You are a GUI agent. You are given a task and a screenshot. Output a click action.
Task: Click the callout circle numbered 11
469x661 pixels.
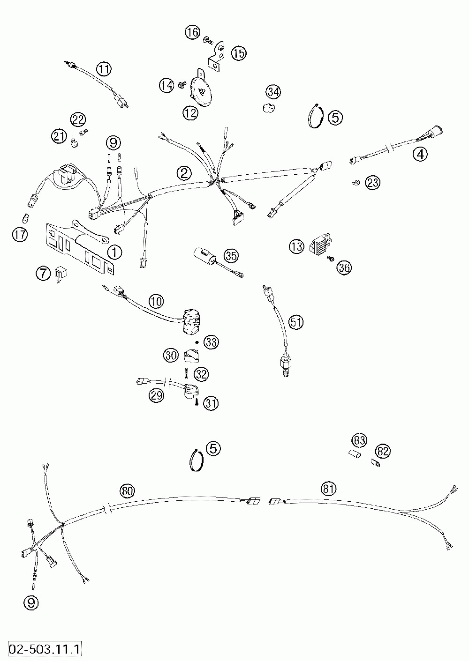click(104, 69)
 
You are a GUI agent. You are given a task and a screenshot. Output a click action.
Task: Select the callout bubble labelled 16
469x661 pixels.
click(192, 33)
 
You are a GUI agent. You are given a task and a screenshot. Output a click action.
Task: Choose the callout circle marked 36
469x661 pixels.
click(344, 267)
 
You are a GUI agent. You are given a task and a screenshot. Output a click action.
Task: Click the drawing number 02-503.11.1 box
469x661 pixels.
click(42, 650)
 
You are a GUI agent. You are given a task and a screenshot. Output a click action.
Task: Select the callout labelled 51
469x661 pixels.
click(296, 322)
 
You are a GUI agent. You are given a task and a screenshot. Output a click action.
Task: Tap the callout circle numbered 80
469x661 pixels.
click(127, 491)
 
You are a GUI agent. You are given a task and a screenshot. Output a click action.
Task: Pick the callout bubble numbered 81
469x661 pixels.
click(329, 489)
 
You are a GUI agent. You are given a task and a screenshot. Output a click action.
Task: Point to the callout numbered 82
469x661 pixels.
click(383, 451)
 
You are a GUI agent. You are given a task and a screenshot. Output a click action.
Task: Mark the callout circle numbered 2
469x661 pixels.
click(184, 173)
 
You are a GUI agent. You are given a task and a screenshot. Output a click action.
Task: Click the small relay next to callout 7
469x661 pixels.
click(60, 273)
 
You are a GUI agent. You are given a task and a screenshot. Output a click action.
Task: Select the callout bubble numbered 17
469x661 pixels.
click(20, 235)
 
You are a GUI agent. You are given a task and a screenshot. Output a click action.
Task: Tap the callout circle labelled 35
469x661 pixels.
click(231, 256)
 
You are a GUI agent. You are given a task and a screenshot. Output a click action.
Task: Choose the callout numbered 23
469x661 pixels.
click(373, 183)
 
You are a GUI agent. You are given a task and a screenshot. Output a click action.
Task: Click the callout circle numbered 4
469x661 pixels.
click(420, 154)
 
